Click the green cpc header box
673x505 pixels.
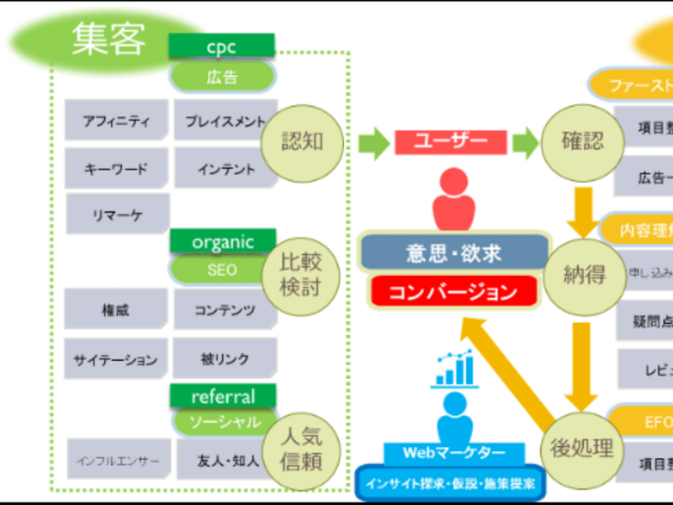coord(221,45)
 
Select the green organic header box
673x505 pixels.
coord(222,242)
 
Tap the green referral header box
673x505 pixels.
coord(222,395)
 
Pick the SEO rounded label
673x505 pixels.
coord(222,270)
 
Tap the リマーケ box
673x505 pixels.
coord(117,215)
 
